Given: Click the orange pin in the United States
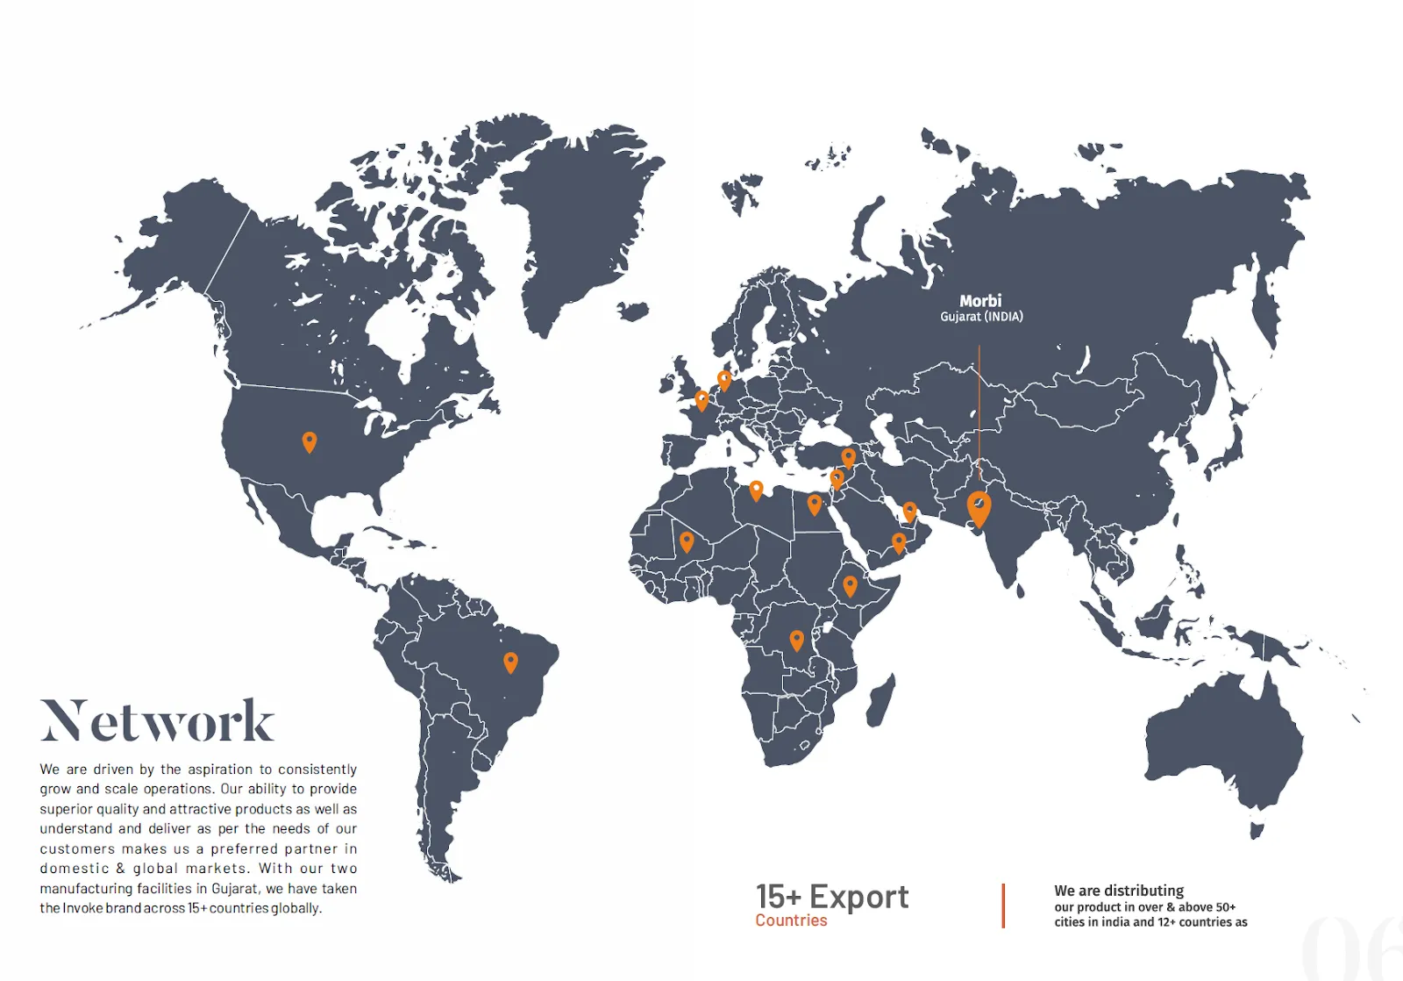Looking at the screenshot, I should click(310, 441).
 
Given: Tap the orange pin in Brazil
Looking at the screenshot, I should click(510, 662).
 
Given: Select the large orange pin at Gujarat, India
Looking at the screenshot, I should click(979, 508).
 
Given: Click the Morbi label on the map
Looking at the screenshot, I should click(979, 301).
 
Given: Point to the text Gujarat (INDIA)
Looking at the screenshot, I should click(981, 317).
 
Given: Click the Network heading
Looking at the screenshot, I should click(157, 721).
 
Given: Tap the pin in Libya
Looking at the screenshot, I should click(756, 490).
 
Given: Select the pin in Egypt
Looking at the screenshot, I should click(815, 504).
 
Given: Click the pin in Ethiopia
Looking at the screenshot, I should click(850, 585).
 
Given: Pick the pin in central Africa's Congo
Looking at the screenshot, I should click(796, 640).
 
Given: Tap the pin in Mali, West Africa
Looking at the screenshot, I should click(687, 541).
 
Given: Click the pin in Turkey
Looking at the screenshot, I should click(848, 457).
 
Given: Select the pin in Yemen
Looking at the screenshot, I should click(899, 542).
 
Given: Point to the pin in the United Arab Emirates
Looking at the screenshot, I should click(910, 511).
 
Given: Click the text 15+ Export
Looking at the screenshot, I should click(832, 897).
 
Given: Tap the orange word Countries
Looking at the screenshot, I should click(791, 920).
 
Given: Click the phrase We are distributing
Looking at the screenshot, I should click(1119, 891).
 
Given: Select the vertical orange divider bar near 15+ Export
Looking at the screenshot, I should click(1003, 906).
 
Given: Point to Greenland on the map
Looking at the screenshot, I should click(579, 219).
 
